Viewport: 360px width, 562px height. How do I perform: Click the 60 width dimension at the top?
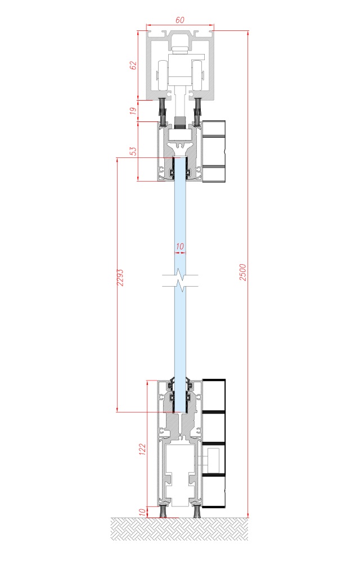[x=180, y=20]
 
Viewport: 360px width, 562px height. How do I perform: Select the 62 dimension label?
[x=133, y=66]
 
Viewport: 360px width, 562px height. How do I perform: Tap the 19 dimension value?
[x=133, y=111]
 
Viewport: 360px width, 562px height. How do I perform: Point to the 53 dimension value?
[x=133, y=151]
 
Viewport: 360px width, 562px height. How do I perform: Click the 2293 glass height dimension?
[x=120, y=278]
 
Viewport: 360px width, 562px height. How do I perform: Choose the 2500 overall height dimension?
[x=243, y=272]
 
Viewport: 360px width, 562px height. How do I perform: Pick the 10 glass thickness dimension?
[x=180, y=247]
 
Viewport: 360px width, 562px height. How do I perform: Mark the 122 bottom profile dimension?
[x=142, y=450]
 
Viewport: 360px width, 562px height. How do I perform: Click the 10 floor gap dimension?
[x=142, y=512]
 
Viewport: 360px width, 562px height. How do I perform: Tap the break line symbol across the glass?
[x=180, y=281]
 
